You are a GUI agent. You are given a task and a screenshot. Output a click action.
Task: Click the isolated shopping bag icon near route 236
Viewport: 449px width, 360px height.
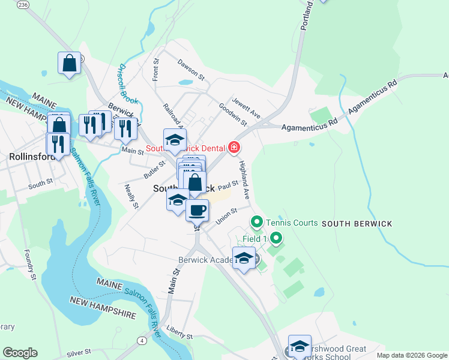pyautogui.click(x=70, y=63)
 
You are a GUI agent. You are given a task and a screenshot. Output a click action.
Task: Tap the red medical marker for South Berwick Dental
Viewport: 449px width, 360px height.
pyautogui.click(x=234, y=147)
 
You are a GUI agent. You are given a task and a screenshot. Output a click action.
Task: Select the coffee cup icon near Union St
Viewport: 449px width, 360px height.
pyautogui.click(x=197, y=210)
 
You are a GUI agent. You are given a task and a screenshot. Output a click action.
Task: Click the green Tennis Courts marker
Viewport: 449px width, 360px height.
pyautogui.click(x=257, y=223)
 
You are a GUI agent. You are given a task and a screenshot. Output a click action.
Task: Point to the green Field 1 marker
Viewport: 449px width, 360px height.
pyautogui.click(x=276, y=239)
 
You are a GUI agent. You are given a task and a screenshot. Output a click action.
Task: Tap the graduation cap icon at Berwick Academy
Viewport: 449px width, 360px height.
pyautogui.click(x=243, y=259)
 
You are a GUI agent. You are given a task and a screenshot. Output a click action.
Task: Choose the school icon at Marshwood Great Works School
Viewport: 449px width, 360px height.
pyautogui.click(x=300, y=346)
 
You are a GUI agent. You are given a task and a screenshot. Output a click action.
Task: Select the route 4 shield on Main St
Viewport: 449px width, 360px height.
pyautogui.click(x=142, y=340)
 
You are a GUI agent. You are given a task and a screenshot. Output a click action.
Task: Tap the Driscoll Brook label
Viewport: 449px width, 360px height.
pyautogui.click(x=128, y=84)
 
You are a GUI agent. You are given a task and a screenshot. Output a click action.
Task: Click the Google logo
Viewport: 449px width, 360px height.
pyautogui.click(x=20, y=353)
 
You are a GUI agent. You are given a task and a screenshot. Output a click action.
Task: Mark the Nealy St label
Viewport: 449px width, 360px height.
pyautogui.click(x=131, y=196)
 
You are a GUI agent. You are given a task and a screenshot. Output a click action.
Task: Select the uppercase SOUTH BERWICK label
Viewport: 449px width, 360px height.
pyautogui.click(x=357, y=224)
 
